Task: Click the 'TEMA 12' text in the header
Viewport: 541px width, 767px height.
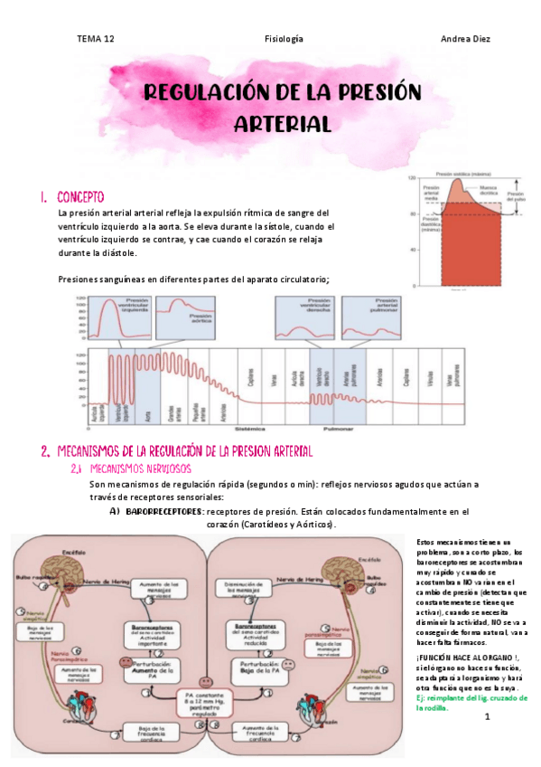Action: pos(95,39)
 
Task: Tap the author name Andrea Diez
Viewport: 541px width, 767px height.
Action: pos(464,39)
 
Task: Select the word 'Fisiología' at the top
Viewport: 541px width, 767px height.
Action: pos(283,39)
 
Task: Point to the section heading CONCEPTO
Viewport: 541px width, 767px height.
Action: pos(81,196)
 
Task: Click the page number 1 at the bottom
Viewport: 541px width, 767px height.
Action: pos(486,717)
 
